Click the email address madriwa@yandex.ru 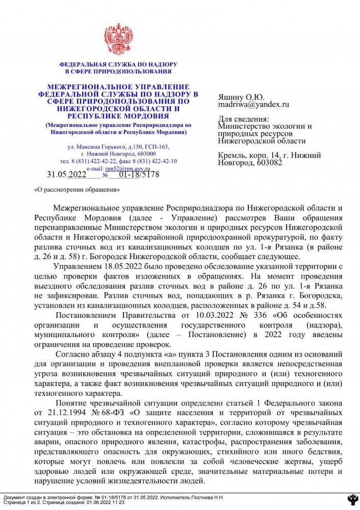pos(253,105)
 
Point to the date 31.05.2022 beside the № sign pos(67,174)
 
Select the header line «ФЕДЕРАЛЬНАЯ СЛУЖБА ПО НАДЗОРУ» pos(118,65)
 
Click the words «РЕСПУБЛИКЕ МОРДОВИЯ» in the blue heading pos(118,116)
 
